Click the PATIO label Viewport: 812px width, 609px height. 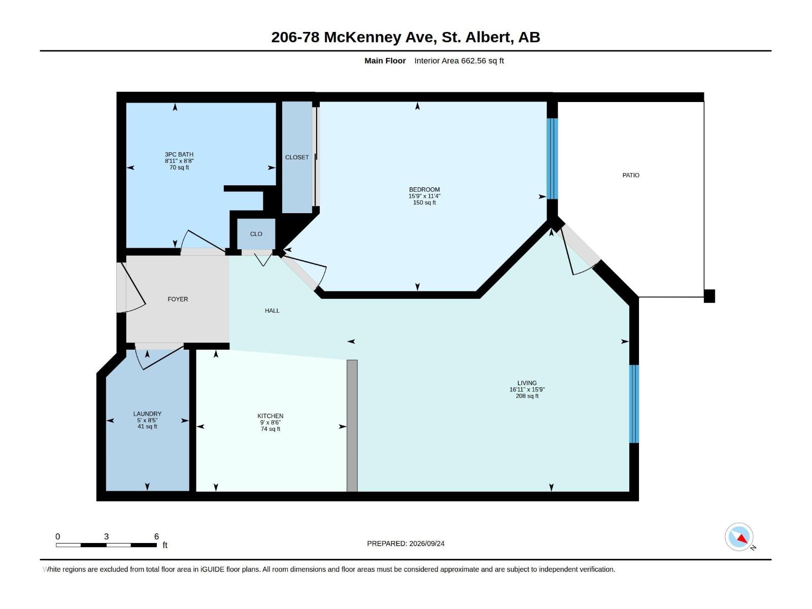630,175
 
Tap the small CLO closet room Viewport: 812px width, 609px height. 256,233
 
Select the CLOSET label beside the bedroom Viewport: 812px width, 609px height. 297,157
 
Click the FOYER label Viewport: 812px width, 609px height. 178,299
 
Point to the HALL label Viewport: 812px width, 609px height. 272,311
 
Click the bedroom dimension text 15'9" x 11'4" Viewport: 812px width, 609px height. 424,196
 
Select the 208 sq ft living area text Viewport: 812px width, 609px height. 527,396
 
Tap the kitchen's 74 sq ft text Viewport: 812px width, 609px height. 270,429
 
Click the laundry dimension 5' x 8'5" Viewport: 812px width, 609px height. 147,420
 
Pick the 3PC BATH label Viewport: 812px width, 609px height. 179,155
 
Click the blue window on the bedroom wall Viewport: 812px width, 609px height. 552,159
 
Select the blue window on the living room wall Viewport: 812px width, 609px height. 634,404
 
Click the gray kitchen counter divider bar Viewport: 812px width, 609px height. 352,426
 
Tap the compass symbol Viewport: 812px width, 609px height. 739,537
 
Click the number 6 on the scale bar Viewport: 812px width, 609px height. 156,536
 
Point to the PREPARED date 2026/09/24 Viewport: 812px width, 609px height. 426,544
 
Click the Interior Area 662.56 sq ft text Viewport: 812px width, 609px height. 459,60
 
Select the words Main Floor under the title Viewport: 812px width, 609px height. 385,60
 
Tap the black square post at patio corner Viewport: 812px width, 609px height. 709,296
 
